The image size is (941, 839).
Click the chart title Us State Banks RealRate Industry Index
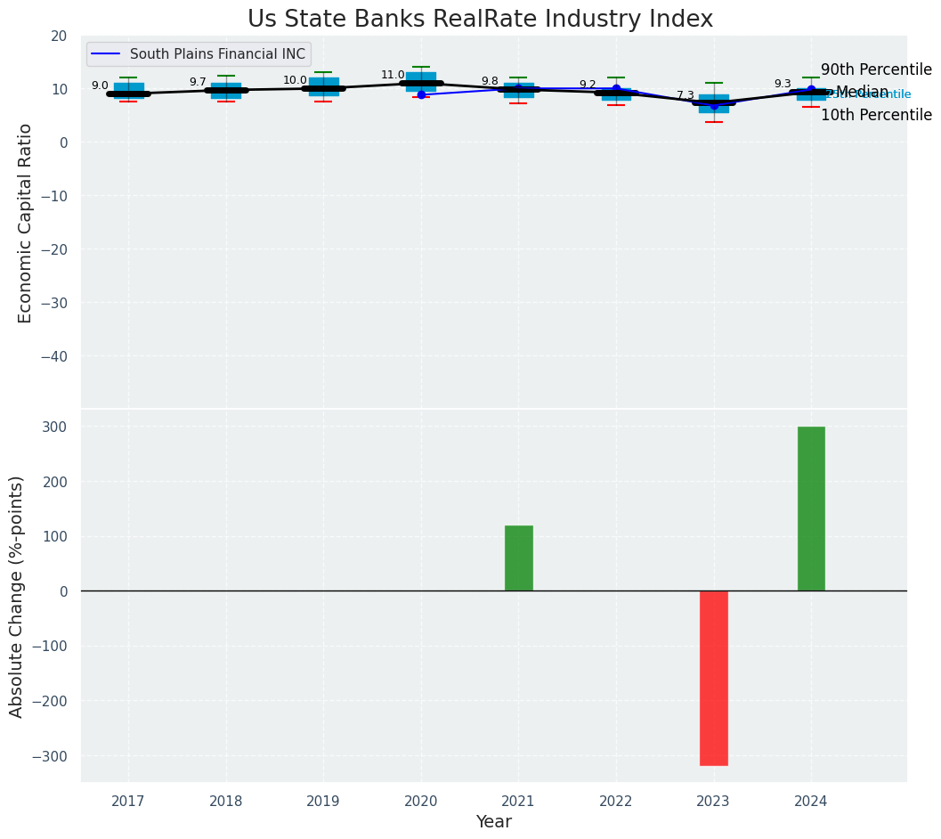click(480, 20)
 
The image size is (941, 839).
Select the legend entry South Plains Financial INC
click(217, 54)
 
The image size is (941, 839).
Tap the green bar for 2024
click(811, 509)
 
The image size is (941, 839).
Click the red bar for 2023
click(713, 678)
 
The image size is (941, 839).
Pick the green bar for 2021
click(519, 558)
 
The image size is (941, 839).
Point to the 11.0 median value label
click(393, 76)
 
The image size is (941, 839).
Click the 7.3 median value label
click(685, 95)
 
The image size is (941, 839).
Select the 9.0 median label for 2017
click(100, 86)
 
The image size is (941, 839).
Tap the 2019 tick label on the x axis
click(323, 802)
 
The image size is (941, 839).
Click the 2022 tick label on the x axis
click(616, 802)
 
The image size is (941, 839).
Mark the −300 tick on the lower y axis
click(50, 756)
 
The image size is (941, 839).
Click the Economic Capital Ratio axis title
click(26, 223)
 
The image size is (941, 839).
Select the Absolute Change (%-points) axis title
click(17, 596)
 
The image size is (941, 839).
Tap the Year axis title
click(493, 822)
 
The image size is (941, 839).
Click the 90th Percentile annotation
click(876, 70)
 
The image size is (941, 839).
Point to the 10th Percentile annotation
click(876, 115)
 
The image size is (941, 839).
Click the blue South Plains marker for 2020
click(421, 94)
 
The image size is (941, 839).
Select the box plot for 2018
click(226, 90)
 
